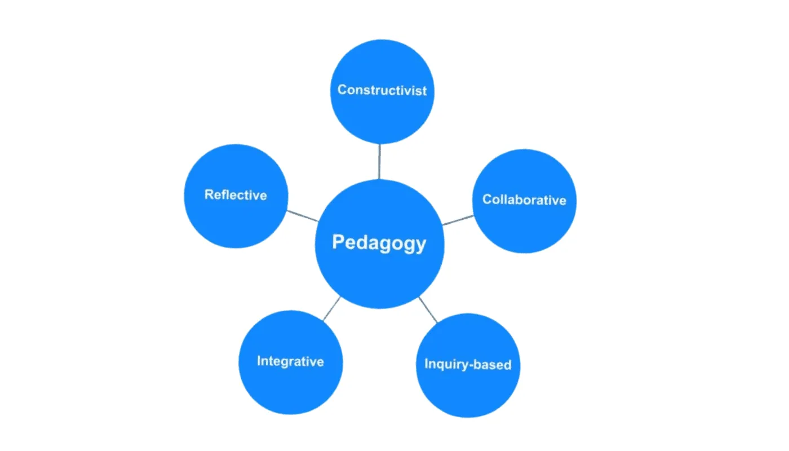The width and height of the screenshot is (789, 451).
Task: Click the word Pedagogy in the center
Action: (x=379, y=243)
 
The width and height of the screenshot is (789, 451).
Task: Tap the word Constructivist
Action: (x=382, y=90)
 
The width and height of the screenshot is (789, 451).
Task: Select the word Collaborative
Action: (x=524, y=200)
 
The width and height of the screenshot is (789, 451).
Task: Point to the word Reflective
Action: (x=236, y=195)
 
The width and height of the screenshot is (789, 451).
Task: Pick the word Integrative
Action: (x=290, y=361)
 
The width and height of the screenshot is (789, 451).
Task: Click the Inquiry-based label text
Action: (x=468, y=364)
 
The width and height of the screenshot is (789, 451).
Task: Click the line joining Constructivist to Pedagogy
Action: (x=380, y=161)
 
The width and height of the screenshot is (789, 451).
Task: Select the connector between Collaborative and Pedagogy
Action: (x=458, y=220)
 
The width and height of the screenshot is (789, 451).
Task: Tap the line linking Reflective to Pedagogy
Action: (x=302, y=215)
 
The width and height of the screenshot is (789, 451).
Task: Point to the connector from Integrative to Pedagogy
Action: (x=332, y=308)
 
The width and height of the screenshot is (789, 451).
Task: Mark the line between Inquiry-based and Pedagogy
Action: (x=428, y=309)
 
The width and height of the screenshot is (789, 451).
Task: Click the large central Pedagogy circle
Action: (x=379, y=276)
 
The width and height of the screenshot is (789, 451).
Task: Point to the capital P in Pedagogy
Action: (x=338, y=243)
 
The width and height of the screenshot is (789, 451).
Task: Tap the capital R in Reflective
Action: (x=209, y=195)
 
